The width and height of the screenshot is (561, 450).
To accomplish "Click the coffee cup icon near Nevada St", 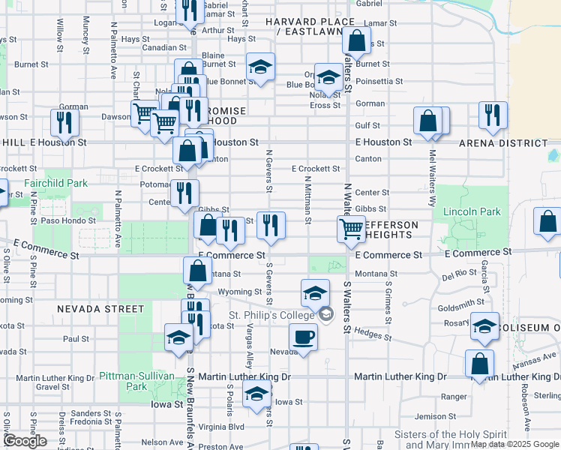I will [x=304, y=336].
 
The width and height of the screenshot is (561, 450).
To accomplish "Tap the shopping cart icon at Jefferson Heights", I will [x=350, y=229].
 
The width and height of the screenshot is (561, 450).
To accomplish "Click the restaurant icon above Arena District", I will [x=493, y=115].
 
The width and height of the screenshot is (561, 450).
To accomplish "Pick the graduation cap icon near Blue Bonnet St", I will [x=260, y=67].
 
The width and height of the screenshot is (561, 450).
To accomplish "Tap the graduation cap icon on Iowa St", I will [x=256, y=393].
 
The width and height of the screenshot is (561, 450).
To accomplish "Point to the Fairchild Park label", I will [x=55, y=183].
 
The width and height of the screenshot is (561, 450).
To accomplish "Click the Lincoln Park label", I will [x=471, y=212].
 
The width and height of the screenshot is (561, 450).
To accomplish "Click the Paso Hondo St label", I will [x=68, y=221].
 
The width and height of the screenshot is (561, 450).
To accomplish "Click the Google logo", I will [x=25, y=441].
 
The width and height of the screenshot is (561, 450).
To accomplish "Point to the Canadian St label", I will [x=159, y=47].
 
